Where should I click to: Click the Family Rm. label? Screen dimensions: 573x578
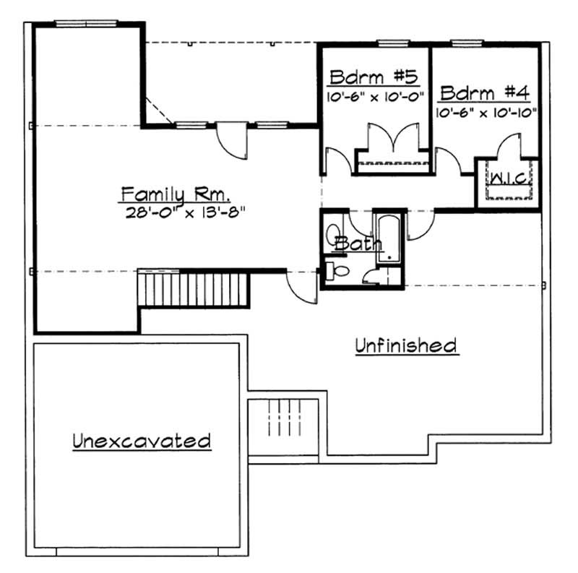click(x=176, y=194)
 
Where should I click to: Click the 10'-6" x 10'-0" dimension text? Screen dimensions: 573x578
click(x=374, y=95)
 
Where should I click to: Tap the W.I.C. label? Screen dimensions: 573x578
click(x=508, y=177)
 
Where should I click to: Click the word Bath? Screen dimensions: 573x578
click(x=358, y=244)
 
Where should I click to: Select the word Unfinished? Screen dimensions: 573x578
click(x=406, y=345)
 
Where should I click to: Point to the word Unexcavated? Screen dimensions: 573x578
click(x=141, y=440)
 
